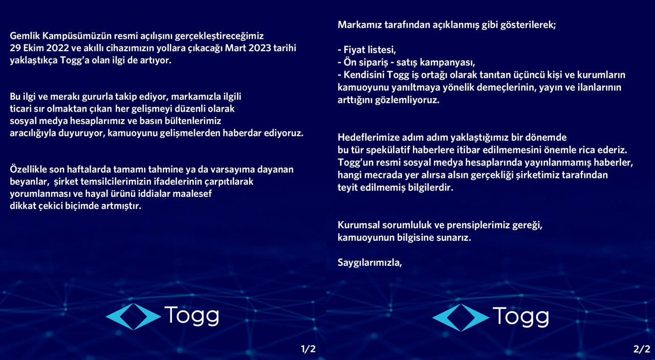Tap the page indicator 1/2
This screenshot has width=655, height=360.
tap(308, 350)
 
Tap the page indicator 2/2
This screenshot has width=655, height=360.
tap(641, 350)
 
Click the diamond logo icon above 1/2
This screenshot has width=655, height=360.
tap(133, 317)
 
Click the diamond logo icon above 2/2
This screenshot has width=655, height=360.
tap(461, 317)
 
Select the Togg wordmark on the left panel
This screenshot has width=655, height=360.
tap(191, 317)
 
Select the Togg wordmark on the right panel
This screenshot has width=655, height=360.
tap(520, 317)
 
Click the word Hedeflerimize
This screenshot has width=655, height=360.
tap(367, 138)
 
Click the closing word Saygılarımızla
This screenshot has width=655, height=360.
tap(369, 263)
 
